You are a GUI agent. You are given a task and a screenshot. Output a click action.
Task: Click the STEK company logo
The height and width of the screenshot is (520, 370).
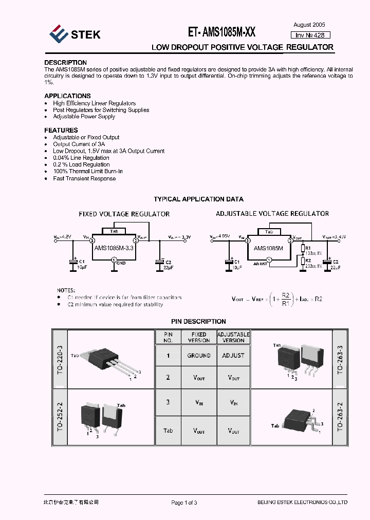pos(75,34)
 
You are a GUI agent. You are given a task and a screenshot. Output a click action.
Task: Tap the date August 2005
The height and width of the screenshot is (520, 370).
pos(309,25)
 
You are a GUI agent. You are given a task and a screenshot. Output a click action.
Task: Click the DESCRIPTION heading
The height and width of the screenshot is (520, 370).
pos(65,63)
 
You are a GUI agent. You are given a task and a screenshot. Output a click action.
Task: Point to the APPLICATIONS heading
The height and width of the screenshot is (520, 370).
pos(67,96)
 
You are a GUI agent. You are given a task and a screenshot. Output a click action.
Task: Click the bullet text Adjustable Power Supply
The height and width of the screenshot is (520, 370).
pos(84,117)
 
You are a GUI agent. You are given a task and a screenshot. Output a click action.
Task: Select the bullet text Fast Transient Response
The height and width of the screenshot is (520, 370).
pos(84,179)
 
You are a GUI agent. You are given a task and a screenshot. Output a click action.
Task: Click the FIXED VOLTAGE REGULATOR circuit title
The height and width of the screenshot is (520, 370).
pos(124,214)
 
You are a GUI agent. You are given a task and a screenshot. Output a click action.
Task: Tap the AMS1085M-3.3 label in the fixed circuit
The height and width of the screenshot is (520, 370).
pos(114,248)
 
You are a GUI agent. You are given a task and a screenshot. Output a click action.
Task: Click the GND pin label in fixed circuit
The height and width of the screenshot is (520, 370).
pos(121,263)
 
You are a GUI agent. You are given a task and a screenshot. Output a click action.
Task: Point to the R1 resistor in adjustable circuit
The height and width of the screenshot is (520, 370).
pos(303,249)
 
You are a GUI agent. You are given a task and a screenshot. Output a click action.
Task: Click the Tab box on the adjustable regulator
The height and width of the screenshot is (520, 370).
pos(269,232)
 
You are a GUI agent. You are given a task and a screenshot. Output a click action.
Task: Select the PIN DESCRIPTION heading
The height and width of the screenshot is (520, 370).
pos(198,321)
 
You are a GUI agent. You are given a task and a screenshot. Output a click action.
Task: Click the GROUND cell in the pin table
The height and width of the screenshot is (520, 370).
pos(198,356)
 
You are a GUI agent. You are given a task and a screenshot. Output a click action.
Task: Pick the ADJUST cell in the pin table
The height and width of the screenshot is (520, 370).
pos(233,356)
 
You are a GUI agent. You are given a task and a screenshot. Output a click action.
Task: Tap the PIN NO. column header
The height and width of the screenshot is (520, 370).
pos(168,337)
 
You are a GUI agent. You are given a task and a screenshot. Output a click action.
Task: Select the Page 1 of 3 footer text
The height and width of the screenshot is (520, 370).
pos(184,503)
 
